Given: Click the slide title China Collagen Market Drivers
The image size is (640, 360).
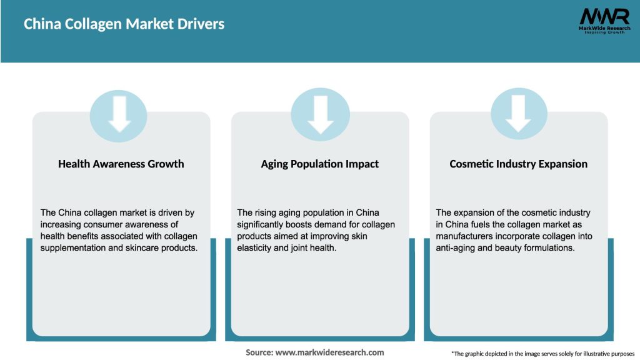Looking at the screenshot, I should (x=124, y=24).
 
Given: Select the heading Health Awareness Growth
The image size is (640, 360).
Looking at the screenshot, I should (x=121, y=164).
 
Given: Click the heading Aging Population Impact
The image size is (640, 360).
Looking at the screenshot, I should (x=320, y=164).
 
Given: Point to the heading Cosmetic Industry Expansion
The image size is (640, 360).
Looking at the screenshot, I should (x=519, y=164).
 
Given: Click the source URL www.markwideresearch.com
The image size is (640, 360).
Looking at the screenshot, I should (x=329, y=352).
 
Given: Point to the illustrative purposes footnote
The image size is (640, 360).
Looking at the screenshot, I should (x=542, y=354).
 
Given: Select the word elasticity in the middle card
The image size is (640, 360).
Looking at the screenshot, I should (x=257, y=248).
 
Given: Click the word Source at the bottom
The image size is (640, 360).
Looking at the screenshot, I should (x=259, y=352).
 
